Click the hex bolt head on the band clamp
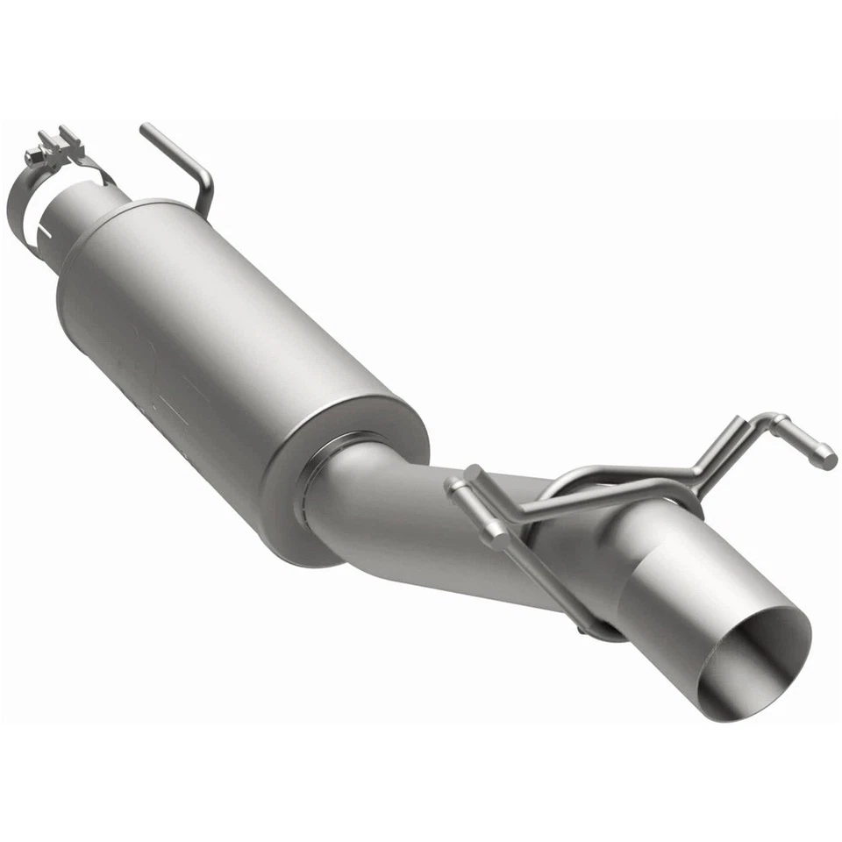(33, 157)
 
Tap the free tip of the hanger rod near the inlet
(146, 130)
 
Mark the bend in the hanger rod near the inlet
(206, 180)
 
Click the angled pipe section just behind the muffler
(395, 517)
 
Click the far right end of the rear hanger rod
(824, 456)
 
